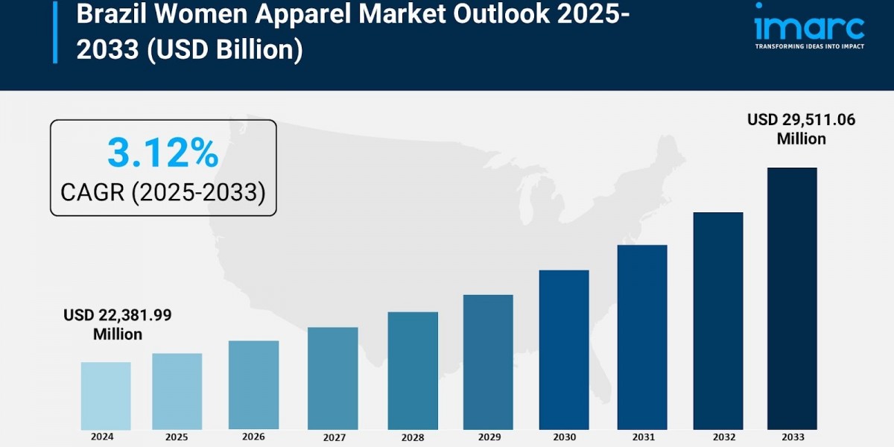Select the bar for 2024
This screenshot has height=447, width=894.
[106, 396]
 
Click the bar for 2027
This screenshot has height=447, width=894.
[332, 378]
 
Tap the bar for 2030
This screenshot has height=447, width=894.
[564, 349]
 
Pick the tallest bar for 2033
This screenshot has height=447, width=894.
[792, 298]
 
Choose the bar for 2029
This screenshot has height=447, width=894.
[488, 362]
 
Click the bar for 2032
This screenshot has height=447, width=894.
[718, 320]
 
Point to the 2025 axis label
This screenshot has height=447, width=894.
[177, 437]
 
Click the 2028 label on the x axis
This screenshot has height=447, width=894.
[413, 437]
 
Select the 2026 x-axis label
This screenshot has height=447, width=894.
[253, 437]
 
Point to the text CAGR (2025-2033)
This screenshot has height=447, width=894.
[162, 193]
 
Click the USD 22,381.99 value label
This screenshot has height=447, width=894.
[118, 315]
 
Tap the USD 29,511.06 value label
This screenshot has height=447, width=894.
[801, 120]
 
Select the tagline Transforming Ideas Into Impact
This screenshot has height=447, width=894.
[809, 46]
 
